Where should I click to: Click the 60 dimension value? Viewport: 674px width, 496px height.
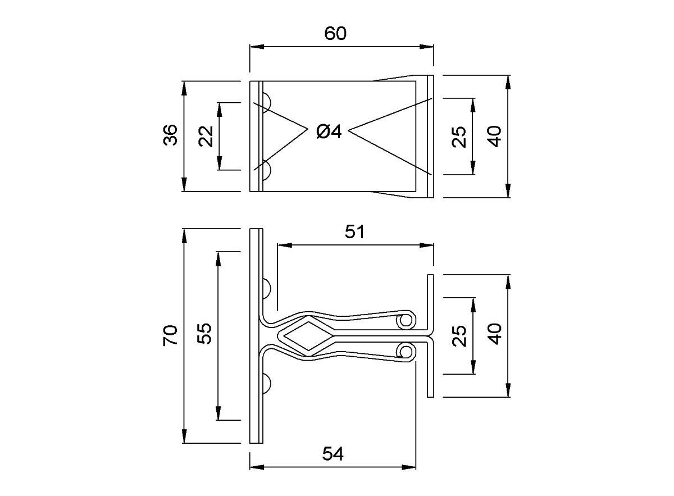[335, 33]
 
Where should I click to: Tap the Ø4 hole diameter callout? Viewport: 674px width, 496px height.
[329, 132]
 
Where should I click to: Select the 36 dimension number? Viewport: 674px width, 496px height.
[170, 135]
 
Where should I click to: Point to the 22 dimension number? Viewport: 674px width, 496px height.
[206, 136]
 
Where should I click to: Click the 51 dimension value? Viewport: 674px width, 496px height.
[354, 232]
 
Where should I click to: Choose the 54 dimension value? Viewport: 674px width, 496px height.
[333, 454]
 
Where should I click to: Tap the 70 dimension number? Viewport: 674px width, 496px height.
[170, 335]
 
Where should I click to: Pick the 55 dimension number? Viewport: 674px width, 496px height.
[204, 334]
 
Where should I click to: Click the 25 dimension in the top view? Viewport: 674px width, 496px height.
[459, 137]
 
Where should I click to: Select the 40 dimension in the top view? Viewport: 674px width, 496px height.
[494, 136]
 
